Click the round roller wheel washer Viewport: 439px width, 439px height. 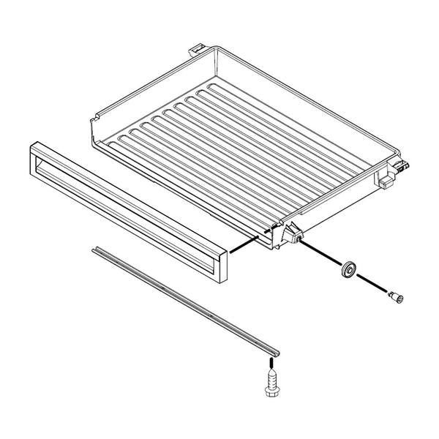[348, 269]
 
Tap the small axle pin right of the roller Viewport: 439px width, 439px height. [396, 296]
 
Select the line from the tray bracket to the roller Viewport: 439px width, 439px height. [321, 253]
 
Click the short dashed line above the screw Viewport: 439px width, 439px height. [272, 356]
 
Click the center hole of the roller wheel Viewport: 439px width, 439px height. [348, 269]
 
